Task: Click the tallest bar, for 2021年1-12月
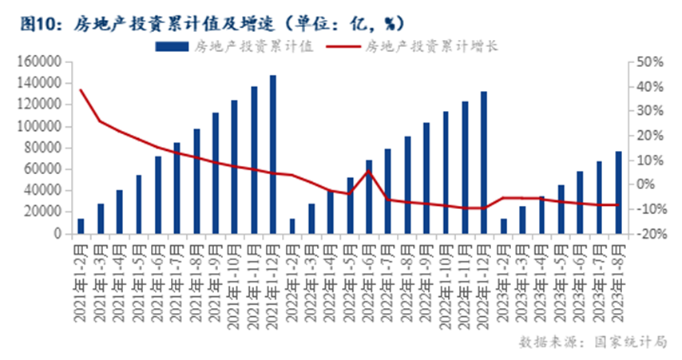point(272,155)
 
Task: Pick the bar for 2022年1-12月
point(483,163)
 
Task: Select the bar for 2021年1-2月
point(80,226)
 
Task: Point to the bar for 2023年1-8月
point(618,192)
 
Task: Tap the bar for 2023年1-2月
point(503,226)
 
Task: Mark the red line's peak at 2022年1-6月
point(368,171)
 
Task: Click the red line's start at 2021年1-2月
point(81,90)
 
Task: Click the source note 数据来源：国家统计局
point(592,342)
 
